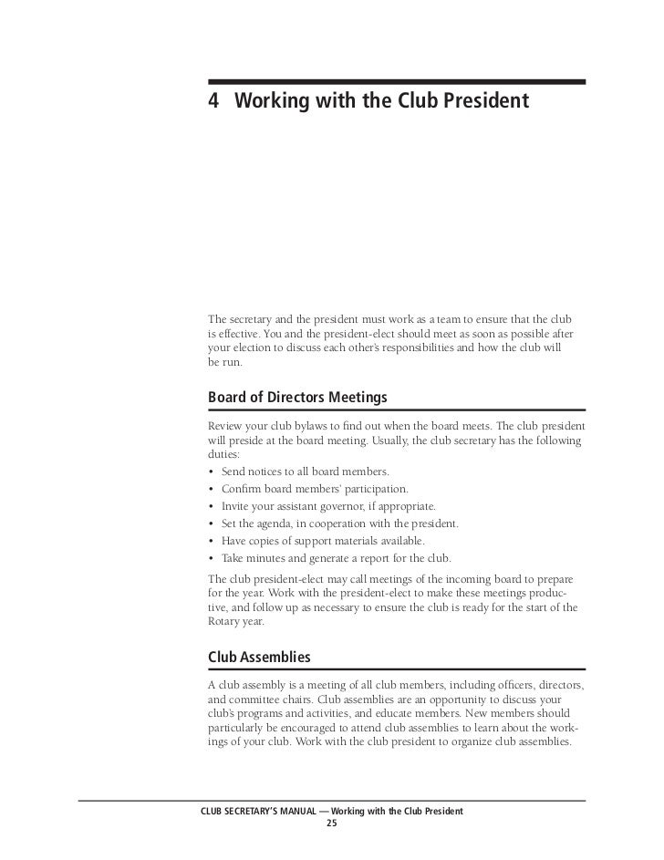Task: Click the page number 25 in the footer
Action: click(331, 824)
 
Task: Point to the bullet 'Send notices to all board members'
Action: click(305, 471)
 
